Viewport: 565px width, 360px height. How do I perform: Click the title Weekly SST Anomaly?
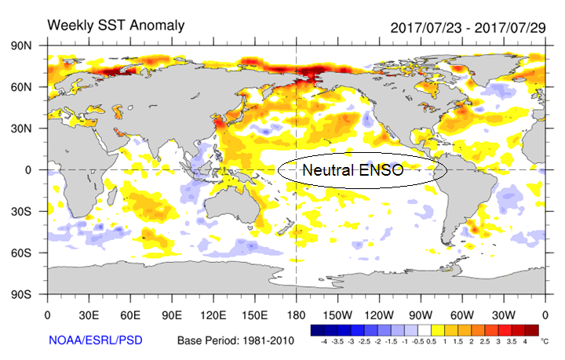click(x=116, y=25)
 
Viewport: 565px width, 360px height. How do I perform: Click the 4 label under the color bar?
click(x=523, y=343)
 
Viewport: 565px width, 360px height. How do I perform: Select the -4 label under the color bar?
click(x=323, y=343)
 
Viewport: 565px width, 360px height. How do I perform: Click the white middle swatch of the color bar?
click(x=423, y=330)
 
